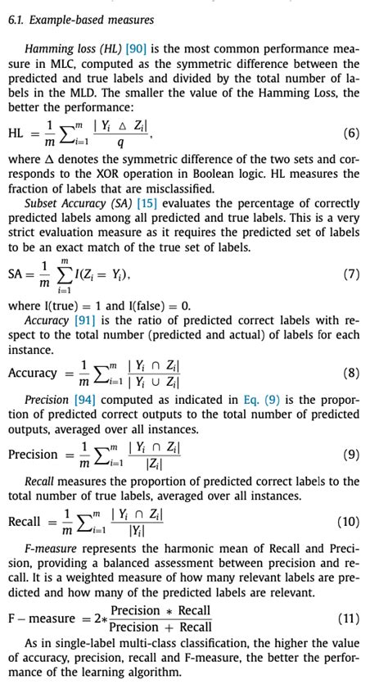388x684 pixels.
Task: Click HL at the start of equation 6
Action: tap(16, 133)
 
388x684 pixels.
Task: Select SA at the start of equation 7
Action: tap(16, 274)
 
